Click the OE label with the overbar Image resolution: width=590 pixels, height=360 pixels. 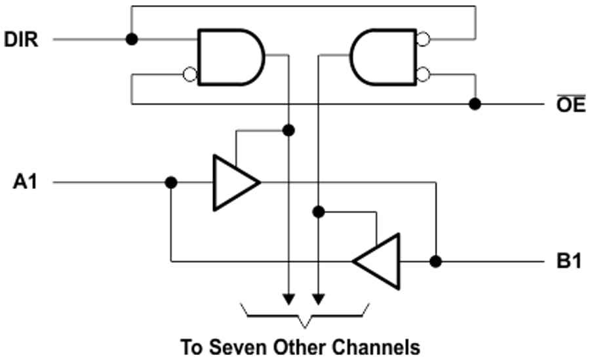570,105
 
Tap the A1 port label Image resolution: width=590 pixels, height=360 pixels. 25,182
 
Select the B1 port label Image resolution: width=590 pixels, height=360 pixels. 569,262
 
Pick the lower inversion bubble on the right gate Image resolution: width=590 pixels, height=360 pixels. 423,73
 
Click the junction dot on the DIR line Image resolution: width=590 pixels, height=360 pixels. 132,39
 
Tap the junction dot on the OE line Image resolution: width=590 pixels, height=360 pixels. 475,104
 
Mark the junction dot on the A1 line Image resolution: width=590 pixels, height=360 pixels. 170,182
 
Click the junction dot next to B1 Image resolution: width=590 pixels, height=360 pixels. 435,262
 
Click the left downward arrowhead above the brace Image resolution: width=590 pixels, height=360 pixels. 287,300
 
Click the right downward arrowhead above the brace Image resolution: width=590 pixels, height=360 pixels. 318,300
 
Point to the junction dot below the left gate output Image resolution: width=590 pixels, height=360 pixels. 287,130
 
